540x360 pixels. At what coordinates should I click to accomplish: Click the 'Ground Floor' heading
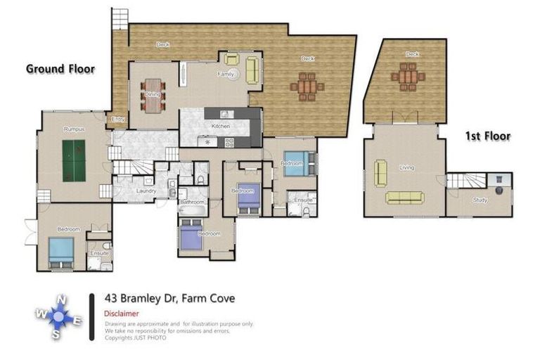click(x=60, y=69)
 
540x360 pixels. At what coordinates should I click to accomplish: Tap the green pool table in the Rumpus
click(x=74, y=161)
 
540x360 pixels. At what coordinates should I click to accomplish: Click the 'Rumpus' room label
click(x=74, y=129)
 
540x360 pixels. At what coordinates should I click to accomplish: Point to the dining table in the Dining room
click(x=153, y=96)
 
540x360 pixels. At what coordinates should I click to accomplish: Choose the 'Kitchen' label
click(x=221, y=127)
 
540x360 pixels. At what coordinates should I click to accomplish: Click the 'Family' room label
click(x=225, y=74)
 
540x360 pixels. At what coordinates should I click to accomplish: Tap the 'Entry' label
click(x=118, y=120)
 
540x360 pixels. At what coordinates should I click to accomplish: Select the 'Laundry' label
click(x=146, y=191)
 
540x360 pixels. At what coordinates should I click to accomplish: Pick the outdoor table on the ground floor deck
click(x=307, y=86)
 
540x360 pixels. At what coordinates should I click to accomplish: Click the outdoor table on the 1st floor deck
click(x=408, y=77)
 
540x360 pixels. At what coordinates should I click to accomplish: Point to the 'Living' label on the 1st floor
click(x=406, y=168)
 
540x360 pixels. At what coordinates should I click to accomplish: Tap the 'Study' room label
click(x=480, y=200)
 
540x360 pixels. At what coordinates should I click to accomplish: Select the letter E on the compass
click(x=78, y=321)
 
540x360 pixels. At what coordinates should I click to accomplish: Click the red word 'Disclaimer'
click(x=121, y=314)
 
